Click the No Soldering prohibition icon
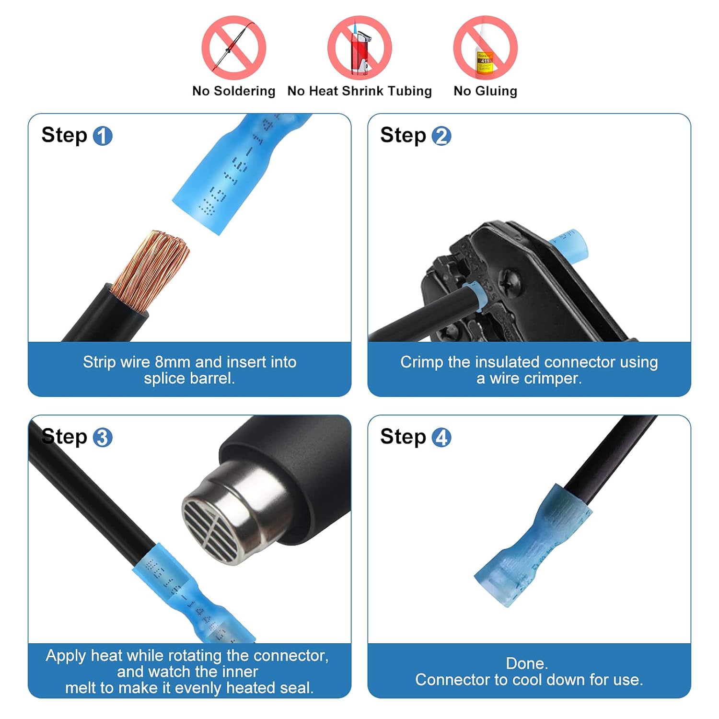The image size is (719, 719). [x=233, y=48]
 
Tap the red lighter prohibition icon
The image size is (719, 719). [x=359, y=48]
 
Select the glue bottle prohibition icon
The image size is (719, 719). [x=485, y=48]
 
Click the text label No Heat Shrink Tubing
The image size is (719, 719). [x=359, y=91]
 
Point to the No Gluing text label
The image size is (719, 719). [x=485, y=91]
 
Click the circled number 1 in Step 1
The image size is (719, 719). [x=102, y=136]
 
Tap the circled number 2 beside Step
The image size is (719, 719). [x=441, y=136]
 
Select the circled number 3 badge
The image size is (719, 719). [x=102, y=438]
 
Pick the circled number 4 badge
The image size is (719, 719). [x=441, y=438]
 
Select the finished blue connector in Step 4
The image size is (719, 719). [x=532, y=546]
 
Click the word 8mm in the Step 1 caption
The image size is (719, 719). [x=173, y=362]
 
